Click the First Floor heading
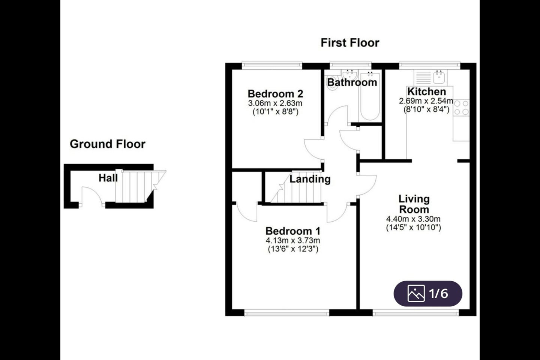(350, 43)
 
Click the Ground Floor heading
(108, 144)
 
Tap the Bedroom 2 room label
(275, 94)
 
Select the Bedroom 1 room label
(293, 231)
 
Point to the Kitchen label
(426, 91)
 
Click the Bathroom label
(352, 82)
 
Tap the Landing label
(310, 179)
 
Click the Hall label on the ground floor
(108, 178)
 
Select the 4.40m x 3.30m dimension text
(413, 219)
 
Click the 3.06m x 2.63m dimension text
(275, 103)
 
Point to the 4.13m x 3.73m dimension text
(293, 240)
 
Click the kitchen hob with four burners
(461, 108)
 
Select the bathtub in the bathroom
(370, 96)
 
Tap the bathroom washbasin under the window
(349, 75)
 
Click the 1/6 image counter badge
(428, 294)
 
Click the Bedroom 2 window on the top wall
(272, 64)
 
